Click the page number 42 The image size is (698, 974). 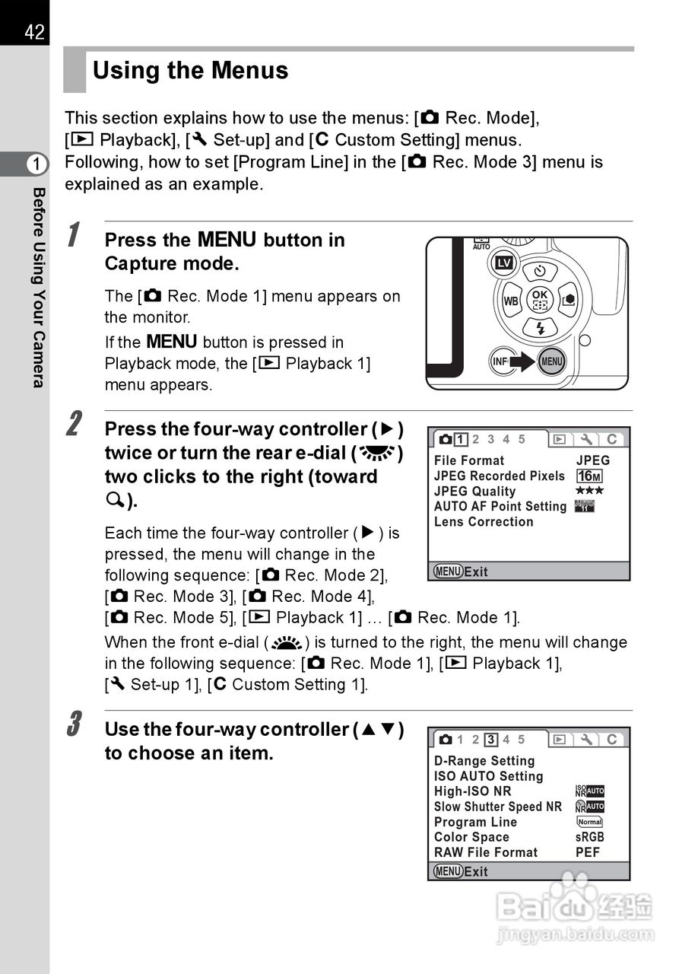click(x=34, y=32)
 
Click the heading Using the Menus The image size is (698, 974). click(x=190, y=71)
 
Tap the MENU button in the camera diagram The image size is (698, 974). click(x=551, y=361)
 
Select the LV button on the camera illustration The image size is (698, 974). click(x=503, y=263)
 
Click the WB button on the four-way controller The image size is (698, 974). click(x=511, y=301)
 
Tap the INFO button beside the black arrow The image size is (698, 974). click(x=500, y=361)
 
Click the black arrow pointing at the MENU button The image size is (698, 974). click(x=523, y=361)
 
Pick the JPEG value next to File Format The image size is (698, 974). click(x=592, y=460)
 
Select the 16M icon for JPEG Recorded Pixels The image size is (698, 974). click(x=589, y=476)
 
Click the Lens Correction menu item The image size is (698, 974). click(x=484, y=522)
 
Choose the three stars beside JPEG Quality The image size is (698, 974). click(x=589, y=492)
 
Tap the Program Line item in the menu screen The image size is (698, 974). click(x=475, y=822)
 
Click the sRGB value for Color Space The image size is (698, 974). click(x=590, y=837)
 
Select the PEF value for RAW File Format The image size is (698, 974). click(x=588, y=852)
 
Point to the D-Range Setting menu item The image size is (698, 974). click(x=484, y=761)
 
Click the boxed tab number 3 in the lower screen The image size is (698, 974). click(x=491, y=739)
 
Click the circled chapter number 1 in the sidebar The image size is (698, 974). click(x=36, y=164)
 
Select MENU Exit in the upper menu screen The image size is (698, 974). click(x=461, y=571)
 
